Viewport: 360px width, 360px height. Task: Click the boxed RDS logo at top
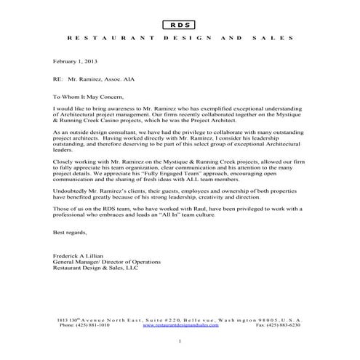point(180,25)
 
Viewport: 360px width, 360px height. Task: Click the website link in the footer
point(180,326)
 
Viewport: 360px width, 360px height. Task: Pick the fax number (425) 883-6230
point(278,326)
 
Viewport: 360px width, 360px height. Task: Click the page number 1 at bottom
point(180,341)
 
